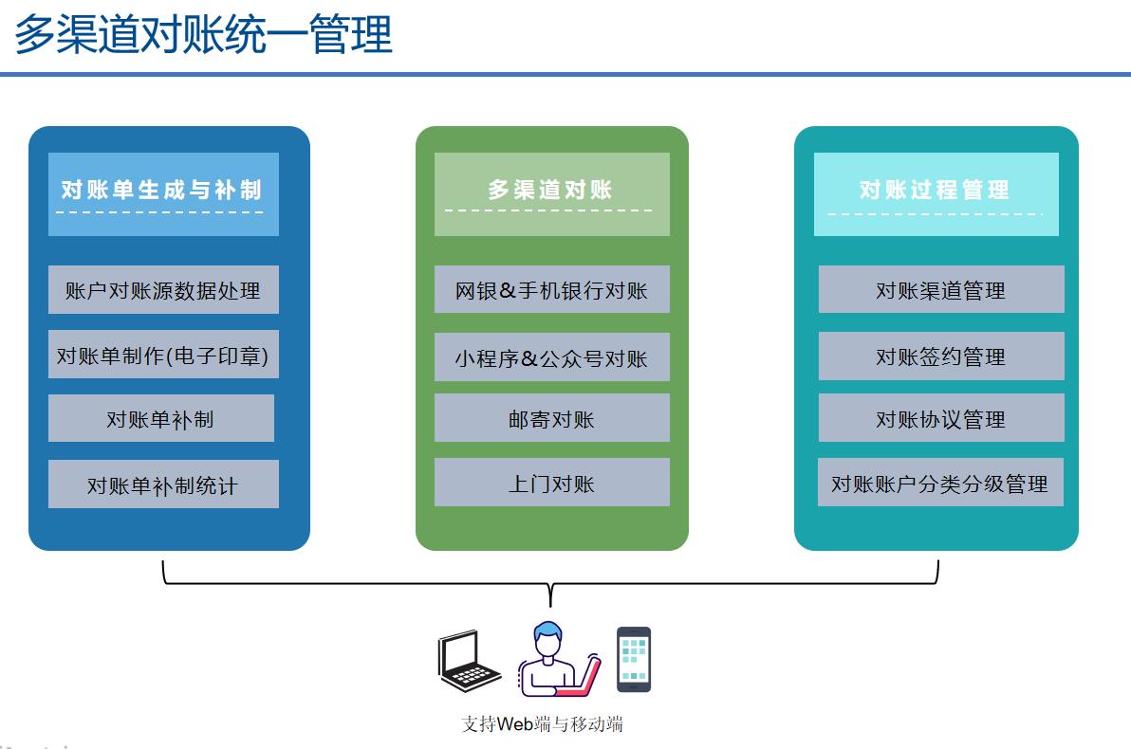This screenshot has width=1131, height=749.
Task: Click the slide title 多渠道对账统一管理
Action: [x=203, y=34]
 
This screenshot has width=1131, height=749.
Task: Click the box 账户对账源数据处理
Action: [x=163, y=290]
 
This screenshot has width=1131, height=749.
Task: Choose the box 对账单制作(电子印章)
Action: [x=163, y=355]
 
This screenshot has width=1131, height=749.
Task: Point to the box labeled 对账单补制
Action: [x=161, y=418]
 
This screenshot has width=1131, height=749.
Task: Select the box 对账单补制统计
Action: [x=163, y=484]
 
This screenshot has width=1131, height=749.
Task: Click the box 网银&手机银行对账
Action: [x=552, y=289]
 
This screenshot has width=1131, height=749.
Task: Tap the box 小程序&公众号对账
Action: [x=552, y=356]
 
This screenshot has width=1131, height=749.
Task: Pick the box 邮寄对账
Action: [x=552, y=417]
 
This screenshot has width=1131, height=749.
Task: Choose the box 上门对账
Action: [x=552, y=483]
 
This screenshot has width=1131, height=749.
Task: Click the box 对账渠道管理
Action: [x=941, y=289]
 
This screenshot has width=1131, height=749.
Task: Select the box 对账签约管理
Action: [x=941, y=356]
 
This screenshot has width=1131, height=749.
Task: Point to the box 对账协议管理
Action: [x=941, y=417]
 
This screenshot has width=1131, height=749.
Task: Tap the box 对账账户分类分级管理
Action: [x=940, y=483]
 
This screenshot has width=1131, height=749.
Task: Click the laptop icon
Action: [x=468, y=661]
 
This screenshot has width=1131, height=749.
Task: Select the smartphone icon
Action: [x=634, y=660]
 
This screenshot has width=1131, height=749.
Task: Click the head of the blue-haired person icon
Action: [x=548, y=638]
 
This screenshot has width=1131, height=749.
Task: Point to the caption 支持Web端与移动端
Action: [x=542, y=723]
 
